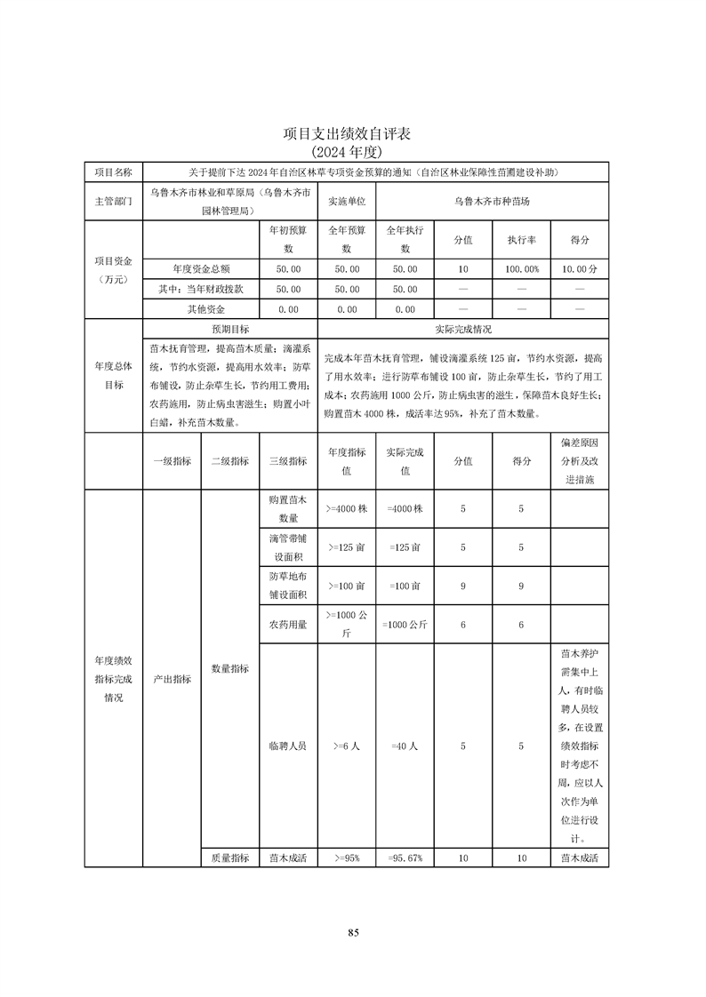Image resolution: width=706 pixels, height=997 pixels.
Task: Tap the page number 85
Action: tap(353, 932)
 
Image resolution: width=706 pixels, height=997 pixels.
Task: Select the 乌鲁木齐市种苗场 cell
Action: tap(492, 202)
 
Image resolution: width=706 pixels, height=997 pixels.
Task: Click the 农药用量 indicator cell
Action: tap(288, 625)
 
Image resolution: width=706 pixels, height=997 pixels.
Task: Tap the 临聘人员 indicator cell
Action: tap(288, 747)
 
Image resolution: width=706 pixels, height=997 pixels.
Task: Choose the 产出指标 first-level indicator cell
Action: tap(172, 679)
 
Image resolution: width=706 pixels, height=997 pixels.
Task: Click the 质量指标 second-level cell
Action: tap(229, 858)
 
